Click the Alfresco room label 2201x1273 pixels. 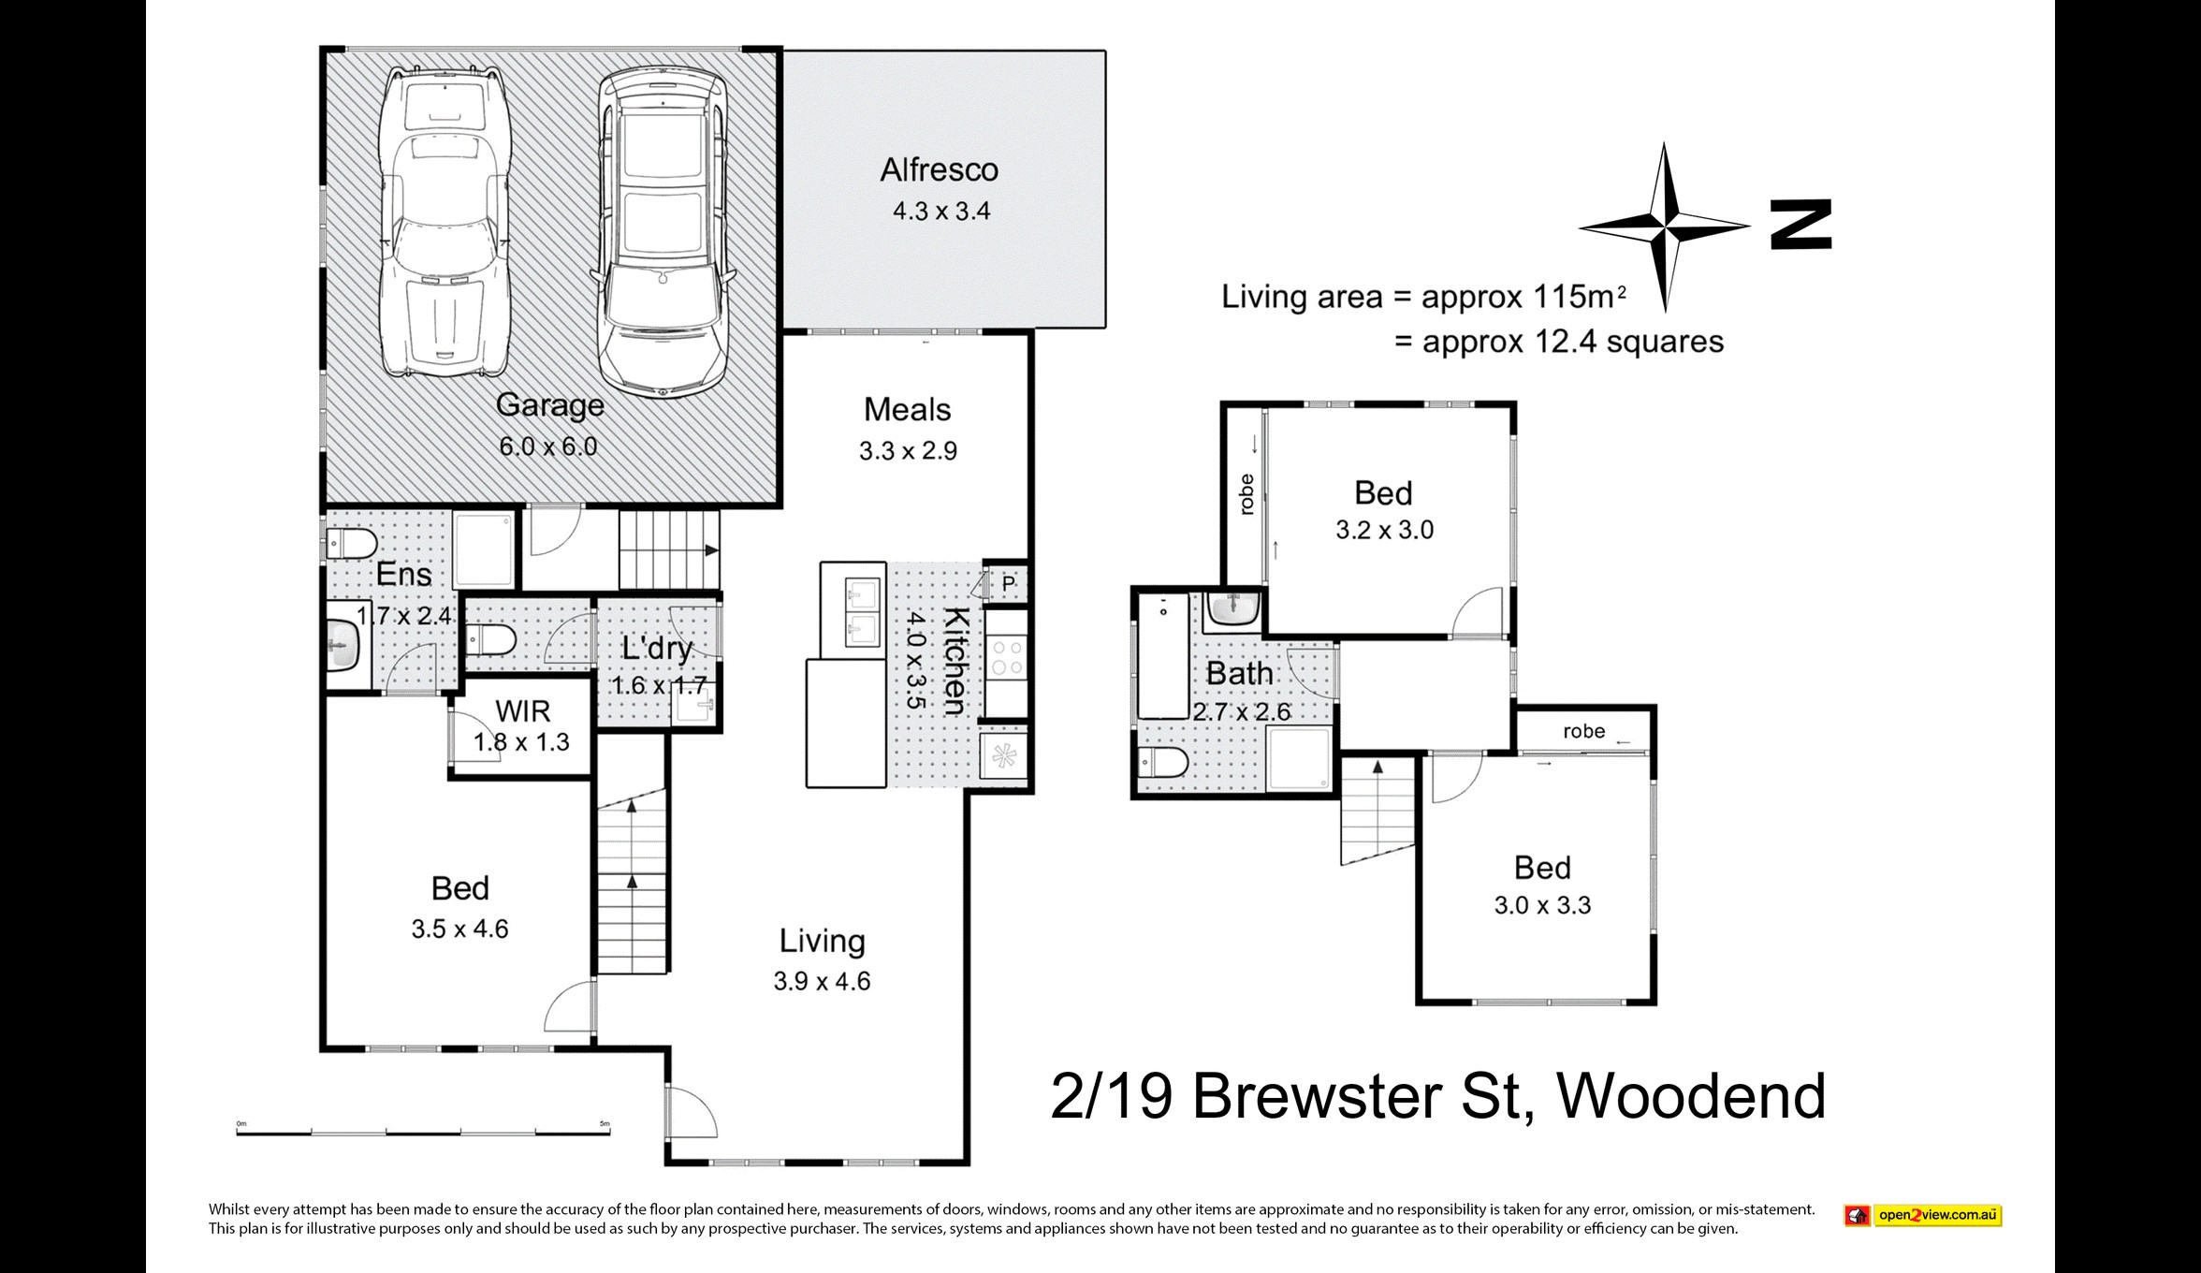click(x=939, y=170)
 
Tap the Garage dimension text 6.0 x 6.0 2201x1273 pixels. click(x=548, y=446)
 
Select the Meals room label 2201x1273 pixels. click(x=907, y=410)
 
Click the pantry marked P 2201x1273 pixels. click(x=1008, y=584)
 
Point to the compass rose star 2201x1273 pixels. click(x=1665, y=227)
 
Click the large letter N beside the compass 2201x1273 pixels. click(x=1800, y=225)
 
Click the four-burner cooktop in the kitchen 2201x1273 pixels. click(x=1006, y=655)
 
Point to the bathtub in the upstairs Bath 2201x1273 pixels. click(x=1162, y=655)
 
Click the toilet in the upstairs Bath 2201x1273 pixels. click(x=1163, y=762)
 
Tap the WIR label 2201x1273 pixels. click(x=523, y=711)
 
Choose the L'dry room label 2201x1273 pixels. click(x=657, y=648)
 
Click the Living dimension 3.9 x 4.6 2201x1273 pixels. click(x=822, y=981)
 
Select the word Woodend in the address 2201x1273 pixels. click(x=1691, y=1096)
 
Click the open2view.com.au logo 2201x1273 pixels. click(x=1923, y=1215)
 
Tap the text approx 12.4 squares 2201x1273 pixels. click(x=1572, y=342)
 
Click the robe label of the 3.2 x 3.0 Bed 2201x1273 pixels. click(x=1246, y=494)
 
